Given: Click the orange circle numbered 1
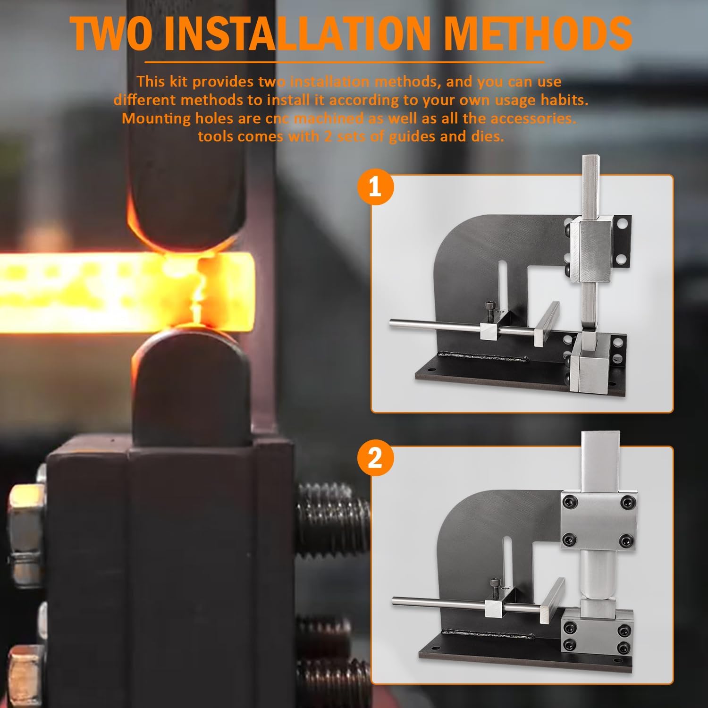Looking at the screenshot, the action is pyautogui.click(x=375, y=187).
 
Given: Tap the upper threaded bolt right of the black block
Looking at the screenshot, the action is pyautogui.click(x=333, y=519).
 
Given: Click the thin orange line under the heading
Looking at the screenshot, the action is pyautogui.click(x=344, y=62).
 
